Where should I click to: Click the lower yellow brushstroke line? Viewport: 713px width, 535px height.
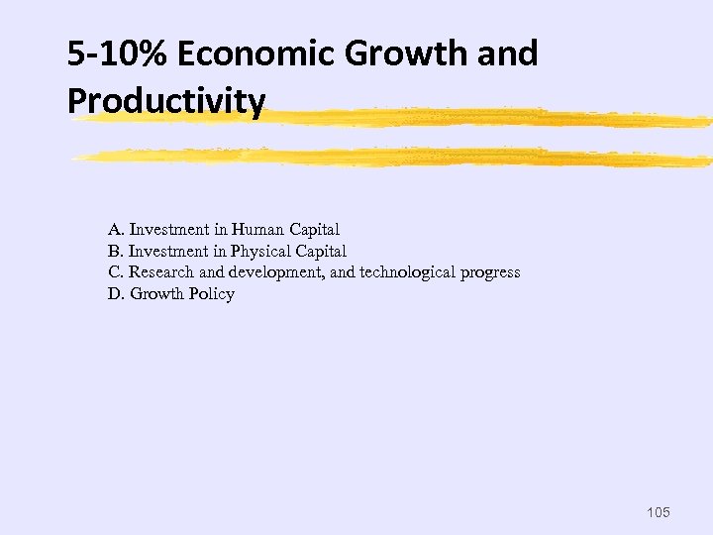click(396, 156)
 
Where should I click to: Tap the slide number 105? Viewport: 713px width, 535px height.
click(657, 512)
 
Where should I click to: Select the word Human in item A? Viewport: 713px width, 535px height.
click(256, 229)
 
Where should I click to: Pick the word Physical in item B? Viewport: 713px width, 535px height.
click(260, 251)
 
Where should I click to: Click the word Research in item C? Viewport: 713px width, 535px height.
click(162, 272)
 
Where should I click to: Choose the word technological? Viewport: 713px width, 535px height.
click(408, 272)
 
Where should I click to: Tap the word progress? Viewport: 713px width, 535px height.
click(489, 272)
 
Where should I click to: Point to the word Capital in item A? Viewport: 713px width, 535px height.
click(313, 229)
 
